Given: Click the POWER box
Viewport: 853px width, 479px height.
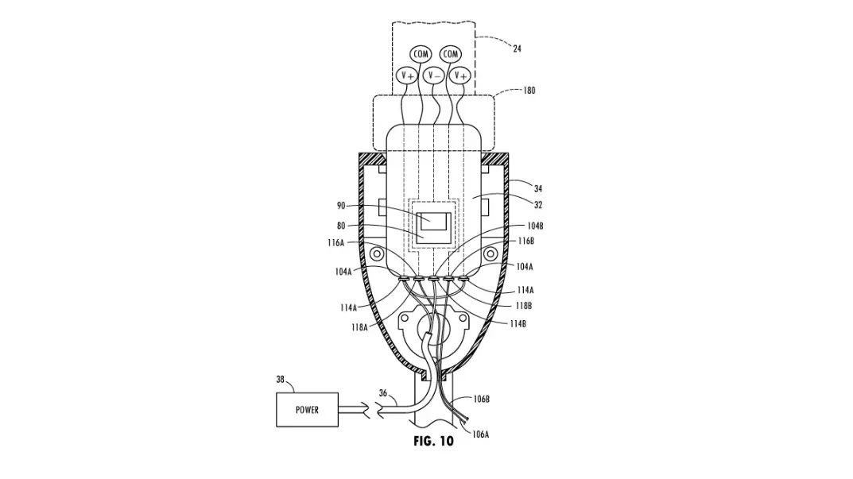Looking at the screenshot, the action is pos(307,409).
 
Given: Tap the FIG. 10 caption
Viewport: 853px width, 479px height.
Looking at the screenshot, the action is pos(433,441).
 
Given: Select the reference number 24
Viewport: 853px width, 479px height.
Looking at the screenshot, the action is pos(517,48).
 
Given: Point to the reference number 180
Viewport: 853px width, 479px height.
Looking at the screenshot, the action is pos(529,91).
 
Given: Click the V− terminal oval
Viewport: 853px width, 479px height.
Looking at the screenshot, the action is pos(433,75).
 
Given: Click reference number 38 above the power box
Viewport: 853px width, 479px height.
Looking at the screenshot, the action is pos(280,380).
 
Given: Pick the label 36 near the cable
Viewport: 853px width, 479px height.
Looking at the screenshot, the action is pos(383,393).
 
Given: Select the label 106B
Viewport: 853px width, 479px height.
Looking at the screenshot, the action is pos(481,399).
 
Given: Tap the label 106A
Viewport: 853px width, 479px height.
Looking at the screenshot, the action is pos(480,435).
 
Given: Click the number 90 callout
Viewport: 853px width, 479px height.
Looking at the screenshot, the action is pos(341,206).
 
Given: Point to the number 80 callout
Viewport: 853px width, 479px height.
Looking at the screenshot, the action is pos(341,226).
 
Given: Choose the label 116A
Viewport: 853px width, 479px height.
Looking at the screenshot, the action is pos(335,243).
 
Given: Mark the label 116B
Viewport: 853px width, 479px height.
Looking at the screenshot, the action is pos(526,241).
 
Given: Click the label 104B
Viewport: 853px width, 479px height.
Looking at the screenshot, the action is pos(535,226).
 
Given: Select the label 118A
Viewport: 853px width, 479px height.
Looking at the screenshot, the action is pos(359,327).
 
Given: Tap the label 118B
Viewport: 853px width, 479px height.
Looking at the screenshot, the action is pos(523,306).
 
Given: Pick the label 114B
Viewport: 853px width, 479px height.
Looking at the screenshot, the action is pos(518,323).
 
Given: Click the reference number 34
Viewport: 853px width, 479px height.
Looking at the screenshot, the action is pos(538,189).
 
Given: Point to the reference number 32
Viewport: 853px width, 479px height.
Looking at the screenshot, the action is pos(538,205).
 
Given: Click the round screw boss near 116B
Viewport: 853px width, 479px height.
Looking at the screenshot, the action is pos(490,254).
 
